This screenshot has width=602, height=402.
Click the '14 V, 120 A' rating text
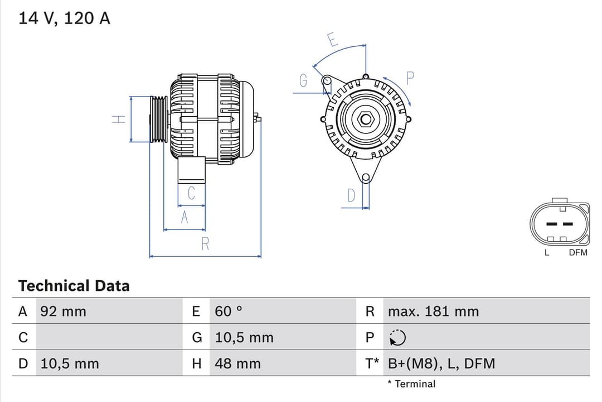[64, 18]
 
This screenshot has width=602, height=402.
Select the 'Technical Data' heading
[74, 286]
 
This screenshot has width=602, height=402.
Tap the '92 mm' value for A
[63, 312]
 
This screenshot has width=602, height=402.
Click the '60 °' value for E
[229, 312]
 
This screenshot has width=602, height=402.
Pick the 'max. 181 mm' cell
[433, 312]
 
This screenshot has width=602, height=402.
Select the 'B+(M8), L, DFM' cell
[441, 364]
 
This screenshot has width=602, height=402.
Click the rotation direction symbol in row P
[398, 338]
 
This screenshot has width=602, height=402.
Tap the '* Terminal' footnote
[411, 384]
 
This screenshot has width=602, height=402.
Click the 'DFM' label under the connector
[578, 253]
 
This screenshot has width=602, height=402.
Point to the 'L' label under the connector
[547, 253]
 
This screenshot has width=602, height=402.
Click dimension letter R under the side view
[205, 244]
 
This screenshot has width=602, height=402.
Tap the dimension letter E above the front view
[333, 40]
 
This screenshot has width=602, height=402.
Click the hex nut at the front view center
[366, 119]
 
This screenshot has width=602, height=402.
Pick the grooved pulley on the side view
[159, 119]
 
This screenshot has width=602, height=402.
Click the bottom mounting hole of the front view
[366, 178]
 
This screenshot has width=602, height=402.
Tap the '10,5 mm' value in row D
[70, 364]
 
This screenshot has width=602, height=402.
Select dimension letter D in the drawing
[351, 195]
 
